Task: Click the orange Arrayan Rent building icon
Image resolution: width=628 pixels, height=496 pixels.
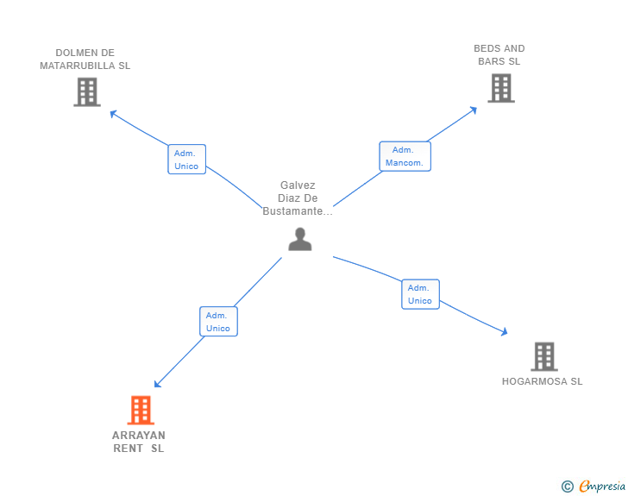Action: [141, 410]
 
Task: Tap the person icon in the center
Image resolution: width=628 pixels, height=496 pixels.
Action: [299, 239]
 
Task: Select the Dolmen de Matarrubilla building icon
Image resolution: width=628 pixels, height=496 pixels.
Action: [87, 91]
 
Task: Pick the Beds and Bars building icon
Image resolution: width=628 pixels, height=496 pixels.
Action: [500, 88]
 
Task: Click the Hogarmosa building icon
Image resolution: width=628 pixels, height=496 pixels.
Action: [543, 356]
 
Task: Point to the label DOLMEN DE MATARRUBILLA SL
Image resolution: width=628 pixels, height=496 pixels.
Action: [85, 60]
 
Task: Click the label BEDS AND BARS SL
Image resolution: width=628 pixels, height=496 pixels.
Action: [499, 55]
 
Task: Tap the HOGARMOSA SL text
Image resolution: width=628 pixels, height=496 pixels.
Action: [542, 381]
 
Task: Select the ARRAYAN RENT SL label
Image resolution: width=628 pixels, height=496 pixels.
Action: [139, 442]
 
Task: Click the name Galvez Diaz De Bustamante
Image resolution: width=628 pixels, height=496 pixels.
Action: [298, 198]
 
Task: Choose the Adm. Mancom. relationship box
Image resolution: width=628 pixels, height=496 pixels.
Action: [404, 156]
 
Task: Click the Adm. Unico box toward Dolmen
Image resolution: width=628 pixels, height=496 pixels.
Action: [186, 160]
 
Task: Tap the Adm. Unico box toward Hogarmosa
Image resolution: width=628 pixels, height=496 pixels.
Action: [420, 294]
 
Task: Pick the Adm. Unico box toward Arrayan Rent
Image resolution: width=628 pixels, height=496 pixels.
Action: [218, 322]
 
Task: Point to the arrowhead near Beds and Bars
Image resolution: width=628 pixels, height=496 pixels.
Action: [474, 110]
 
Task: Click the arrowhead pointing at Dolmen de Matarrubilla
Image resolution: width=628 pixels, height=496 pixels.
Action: [112, 112]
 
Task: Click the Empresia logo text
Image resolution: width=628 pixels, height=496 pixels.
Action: [602, 486]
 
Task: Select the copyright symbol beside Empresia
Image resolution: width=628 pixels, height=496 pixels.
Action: [567, 487]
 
